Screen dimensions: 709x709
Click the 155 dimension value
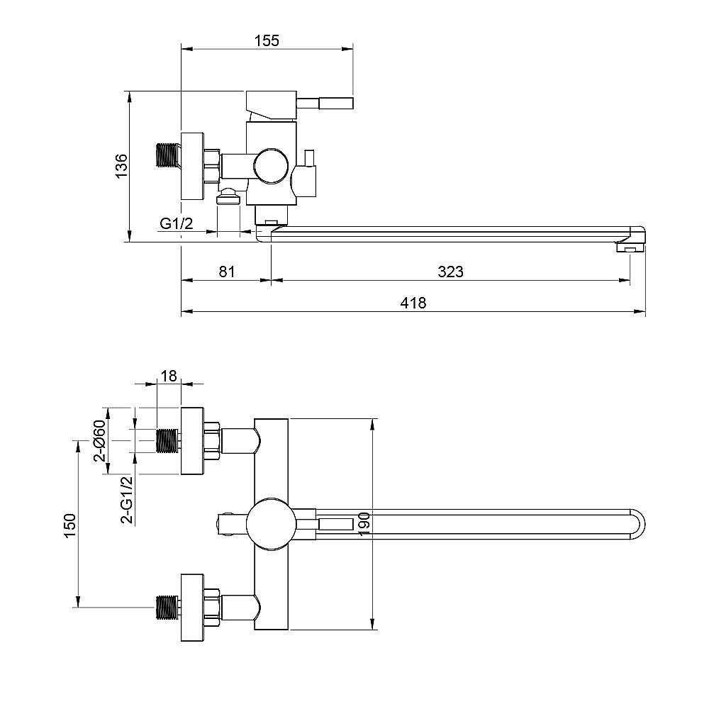pyautogui.click(x=267, y=40)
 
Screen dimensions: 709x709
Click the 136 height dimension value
pyautogui.click(x=121, y=166)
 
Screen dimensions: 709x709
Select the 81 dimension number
pyautogui.click(x=227, y=272)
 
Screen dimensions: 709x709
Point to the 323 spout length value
pyautogui.click(x=450, y=272)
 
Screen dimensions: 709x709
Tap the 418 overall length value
pyautogui.click(x=413, y=303)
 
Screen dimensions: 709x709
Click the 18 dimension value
pyautogui.click(x=169, y=375)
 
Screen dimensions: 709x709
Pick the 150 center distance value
pyautogui.click(x=69, y=525)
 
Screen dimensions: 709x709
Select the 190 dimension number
pyautogui.click(x=364, y=524)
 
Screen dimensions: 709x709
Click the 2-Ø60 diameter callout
pyautogui.click(x=99, y=441)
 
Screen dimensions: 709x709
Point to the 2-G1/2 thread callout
pyautogui.click(x=128, y=499)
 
